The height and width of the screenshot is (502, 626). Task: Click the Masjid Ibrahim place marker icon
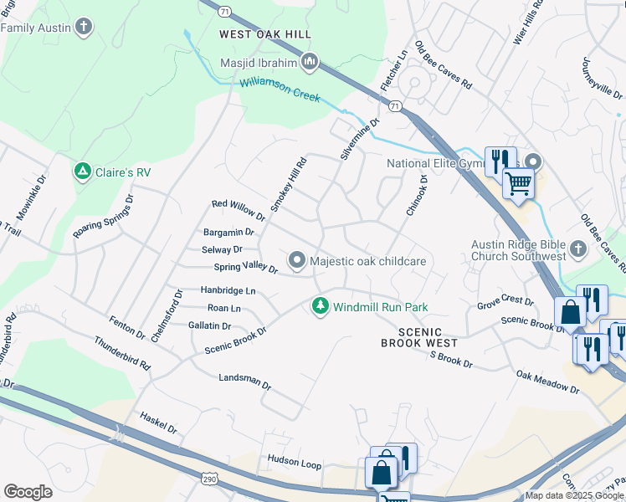[310, 61]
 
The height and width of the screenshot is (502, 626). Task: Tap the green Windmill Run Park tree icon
[320, 307]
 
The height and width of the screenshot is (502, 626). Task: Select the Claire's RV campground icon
[82, 172]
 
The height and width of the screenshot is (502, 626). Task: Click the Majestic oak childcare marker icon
[297, 261]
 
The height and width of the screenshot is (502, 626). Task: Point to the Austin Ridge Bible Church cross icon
[577, 248]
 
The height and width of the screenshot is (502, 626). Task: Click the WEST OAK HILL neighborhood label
[264, 34]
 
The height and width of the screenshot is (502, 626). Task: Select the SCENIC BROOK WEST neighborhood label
[419, 337]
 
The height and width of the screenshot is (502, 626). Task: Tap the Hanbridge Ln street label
[227, 290]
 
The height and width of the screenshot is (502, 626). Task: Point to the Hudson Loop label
[294, 460]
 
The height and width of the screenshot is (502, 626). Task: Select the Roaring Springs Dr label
[104, 218]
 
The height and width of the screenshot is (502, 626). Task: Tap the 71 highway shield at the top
[224, 12]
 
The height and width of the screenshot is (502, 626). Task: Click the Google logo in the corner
[28, 492]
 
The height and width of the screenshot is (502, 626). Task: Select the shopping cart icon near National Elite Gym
[518, 182]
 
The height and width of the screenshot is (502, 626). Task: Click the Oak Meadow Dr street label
[547, 383]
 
